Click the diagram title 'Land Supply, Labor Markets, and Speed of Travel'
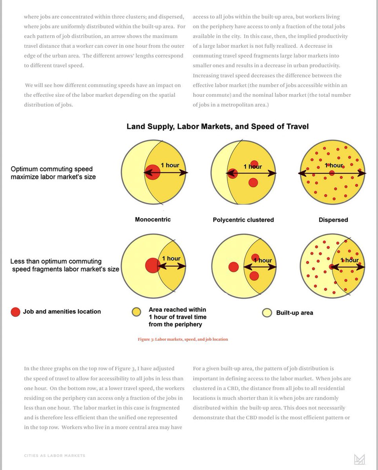[x=217, y=127]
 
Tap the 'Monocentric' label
[x=153, y=219]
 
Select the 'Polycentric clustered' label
[x=243, y=220]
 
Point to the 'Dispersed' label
[x=333, y=220]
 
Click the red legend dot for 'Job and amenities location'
[x=15, y=312]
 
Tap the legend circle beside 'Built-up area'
[x=267, y=313]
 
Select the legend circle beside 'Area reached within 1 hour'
[x=136, y=312]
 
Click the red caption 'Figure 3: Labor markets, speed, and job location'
[x=183, y=339]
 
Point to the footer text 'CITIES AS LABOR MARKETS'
[x=55, y=456]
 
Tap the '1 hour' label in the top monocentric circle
[x=170, y=165]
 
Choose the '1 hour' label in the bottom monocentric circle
[x=171, y=258]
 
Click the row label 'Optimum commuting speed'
[x=52, y=169]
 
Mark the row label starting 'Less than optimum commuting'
[x=56, y=261]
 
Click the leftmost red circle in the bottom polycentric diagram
[x=233, y=267]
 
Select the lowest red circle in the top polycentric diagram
[x=253, y=182]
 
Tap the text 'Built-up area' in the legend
[x=294, y=313]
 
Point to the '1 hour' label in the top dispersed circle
[x=334, y=165]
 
